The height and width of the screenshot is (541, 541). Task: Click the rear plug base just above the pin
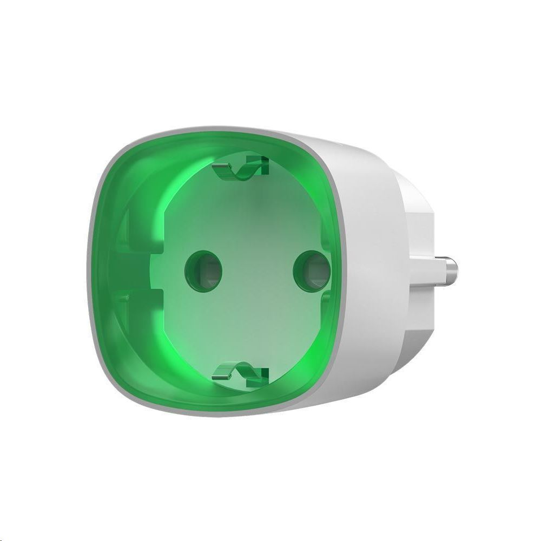point(419,238)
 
